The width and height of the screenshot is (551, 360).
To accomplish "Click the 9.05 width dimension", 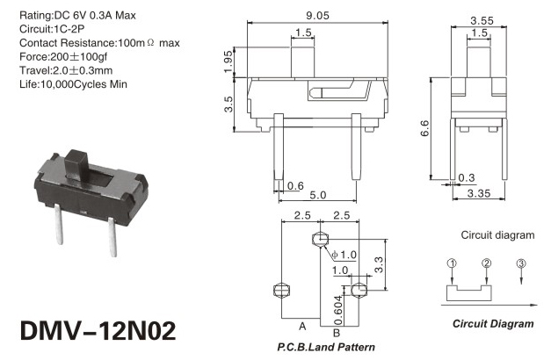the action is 317,16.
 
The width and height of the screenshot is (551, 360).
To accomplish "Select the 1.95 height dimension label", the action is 228,61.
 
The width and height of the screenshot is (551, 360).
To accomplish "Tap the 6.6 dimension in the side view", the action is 424,128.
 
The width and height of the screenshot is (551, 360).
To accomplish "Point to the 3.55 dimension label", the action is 482,21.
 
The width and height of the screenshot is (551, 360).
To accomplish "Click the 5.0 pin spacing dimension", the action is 318,195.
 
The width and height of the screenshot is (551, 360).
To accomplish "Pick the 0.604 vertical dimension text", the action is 337,310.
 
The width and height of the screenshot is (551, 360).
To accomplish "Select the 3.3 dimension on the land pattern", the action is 379,265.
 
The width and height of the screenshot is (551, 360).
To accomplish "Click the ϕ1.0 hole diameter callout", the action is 344,255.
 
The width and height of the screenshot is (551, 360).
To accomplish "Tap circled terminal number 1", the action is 452,263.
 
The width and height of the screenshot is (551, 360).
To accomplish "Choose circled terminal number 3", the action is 521,263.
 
